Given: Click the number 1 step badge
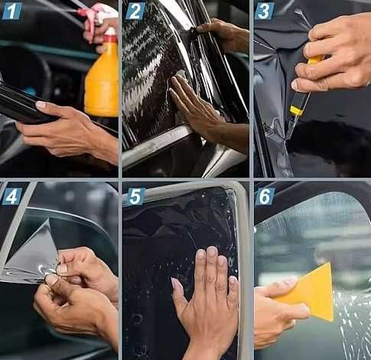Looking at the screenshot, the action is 11,11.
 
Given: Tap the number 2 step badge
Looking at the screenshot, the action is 135,11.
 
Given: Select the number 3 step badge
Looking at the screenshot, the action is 265,11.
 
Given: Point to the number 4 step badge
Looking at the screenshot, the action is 11,196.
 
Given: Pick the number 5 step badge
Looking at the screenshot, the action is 135,196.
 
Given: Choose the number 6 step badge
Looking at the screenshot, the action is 265,196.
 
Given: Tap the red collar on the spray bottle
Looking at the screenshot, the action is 111,39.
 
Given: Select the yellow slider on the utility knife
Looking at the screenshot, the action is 296,110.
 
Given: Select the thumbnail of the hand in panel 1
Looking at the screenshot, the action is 41,104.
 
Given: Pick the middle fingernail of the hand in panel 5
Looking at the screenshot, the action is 211,251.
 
